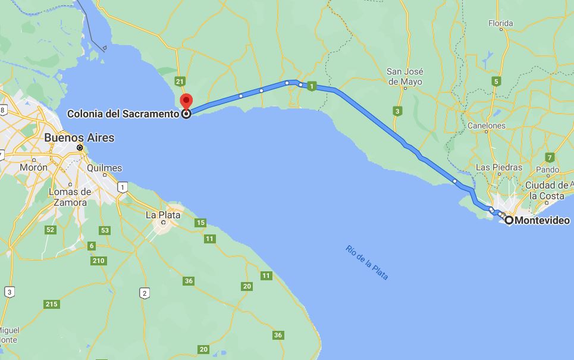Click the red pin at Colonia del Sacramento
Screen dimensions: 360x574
186,101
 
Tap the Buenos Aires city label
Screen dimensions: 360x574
79,137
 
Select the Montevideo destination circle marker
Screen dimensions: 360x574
509,220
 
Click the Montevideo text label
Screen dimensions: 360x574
542,220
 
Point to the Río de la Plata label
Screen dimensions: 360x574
366,262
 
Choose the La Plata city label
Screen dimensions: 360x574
163,215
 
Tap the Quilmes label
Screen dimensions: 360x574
104,168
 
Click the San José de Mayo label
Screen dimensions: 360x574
404,76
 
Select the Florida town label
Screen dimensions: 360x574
500,24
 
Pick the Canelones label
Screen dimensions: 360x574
487,126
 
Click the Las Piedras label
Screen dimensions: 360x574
499,167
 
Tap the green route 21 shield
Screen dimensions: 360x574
180,80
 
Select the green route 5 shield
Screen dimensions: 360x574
495,81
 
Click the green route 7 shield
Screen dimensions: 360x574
550,157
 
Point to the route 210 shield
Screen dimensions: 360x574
99,261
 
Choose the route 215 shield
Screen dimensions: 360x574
52,304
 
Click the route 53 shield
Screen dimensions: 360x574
105,230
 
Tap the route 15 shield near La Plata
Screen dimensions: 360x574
200,223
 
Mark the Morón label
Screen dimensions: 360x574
33,167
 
